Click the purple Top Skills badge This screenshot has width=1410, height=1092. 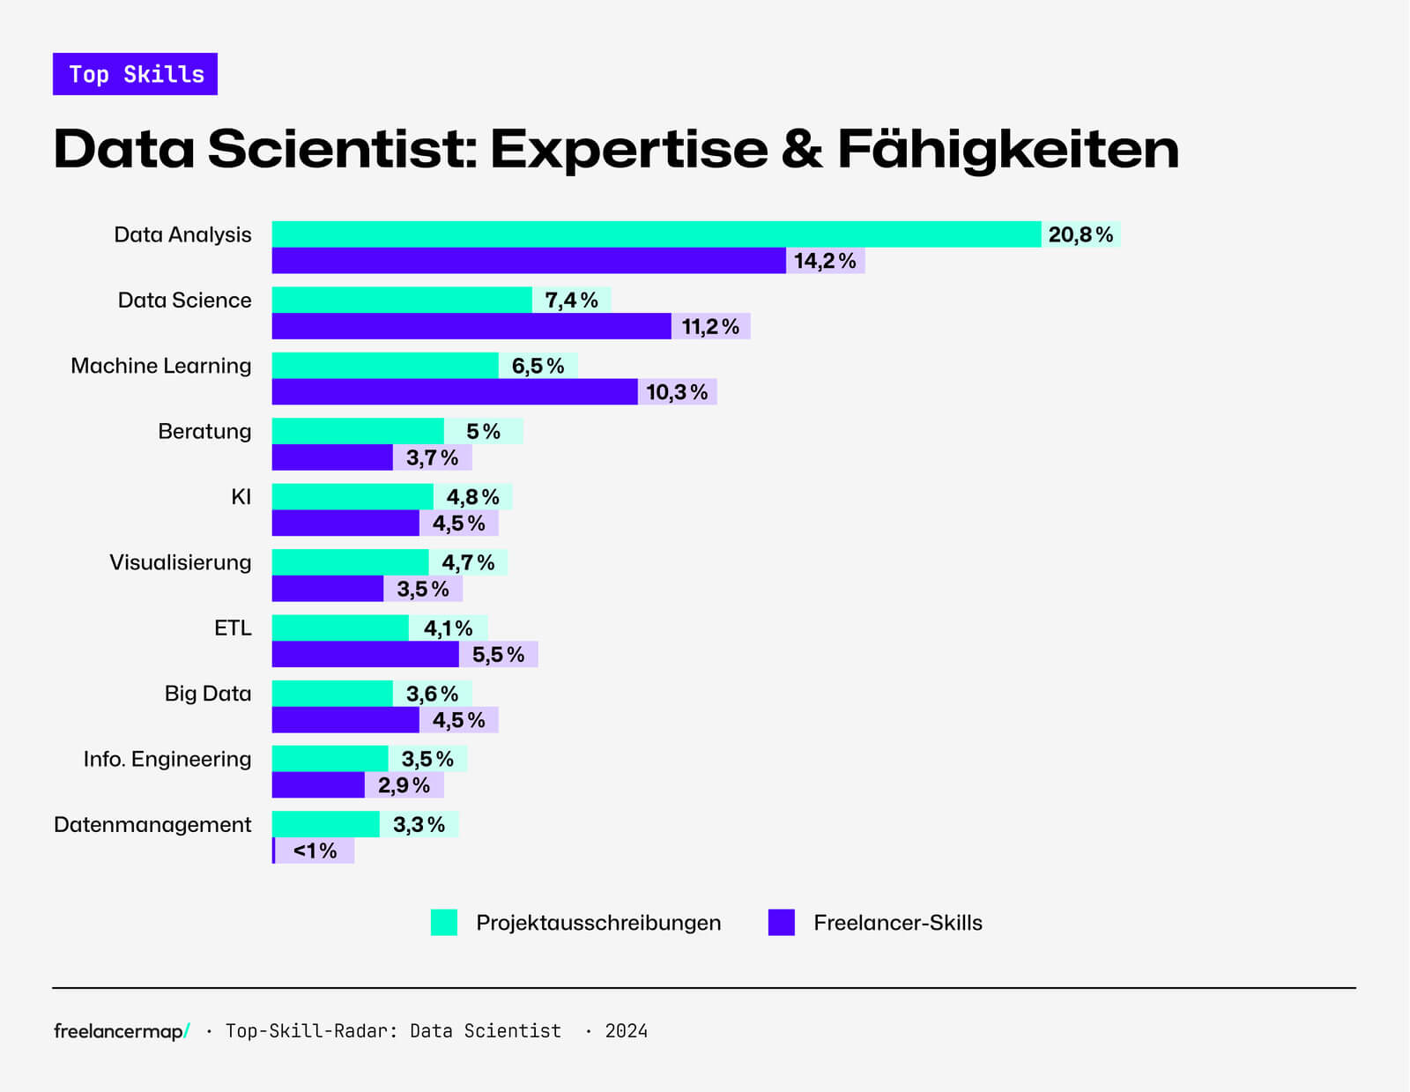(x=135, y=74)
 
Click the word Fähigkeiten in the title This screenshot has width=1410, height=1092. (x=1007, y=149)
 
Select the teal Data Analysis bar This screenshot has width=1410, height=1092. (x=656, y=234)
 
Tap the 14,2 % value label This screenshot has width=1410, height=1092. (x=825, y=261)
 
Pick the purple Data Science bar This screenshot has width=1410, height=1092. (x=471, y=326)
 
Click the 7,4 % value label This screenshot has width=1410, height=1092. (x=571, y=301)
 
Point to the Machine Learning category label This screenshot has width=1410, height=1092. (x=160, y=366)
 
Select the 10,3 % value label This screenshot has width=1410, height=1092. (x=677, y=392)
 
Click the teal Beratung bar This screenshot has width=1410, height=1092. (x=357, y=431)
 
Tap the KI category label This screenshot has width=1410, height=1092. (x=241, y=497)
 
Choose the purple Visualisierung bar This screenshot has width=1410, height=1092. (x=327, y=589)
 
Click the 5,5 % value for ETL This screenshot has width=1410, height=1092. (x=498, y=655)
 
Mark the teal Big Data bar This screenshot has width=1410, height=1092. (x=331, y=694)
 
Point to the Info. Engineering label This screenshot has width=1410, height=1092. (x=167, y=759)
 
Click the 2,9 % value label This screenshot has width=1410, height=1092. (x=404, y=785)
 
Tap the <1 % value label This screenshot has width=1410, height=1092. (x=315, y=851)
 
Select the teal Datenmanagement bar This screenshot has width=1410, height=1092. (x=325, y=824)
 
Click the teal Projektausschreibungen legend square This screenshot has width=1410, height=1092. (x=444, y=922)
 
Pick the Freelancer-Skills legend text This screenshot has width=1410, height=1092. (x=897, y=923)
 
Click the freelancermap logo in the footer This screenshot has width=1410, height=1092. (x=121, y=1031)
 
